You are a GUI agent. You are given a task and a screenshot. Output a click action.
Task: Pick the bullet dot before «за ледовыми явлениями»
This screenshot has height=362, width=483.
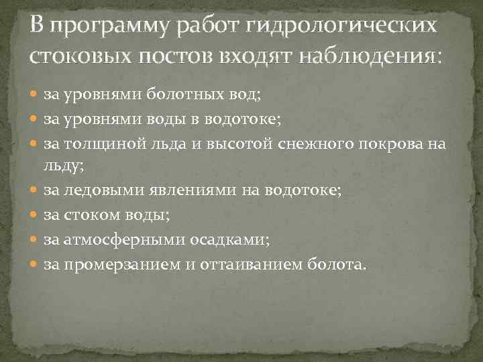35,192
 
